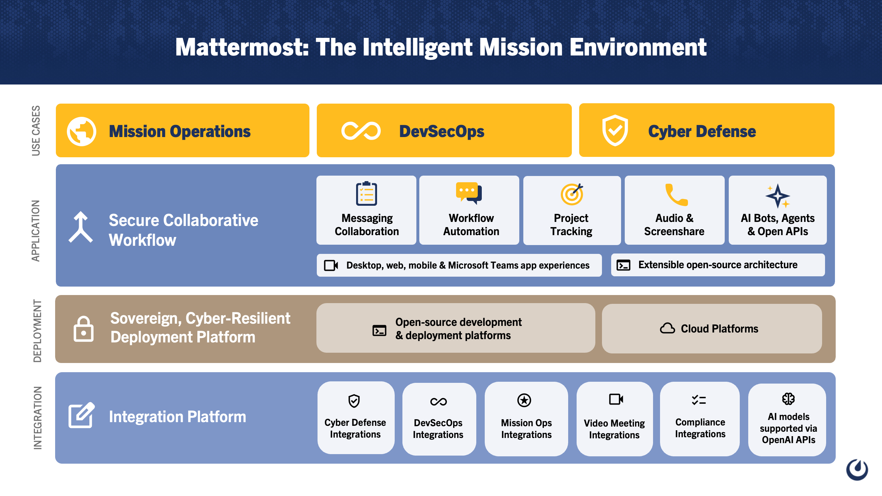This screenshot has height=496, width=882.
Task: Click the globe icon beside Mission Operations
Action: click(82, 131)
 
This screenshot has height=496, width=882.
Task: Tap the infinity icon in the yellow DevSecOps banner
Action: click(361, 131)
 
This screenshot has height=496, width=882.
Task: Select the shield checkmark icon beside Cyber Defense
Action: click(615, 130)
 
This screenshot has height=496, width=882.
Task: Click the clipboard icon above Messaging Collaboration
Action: click(366, 194)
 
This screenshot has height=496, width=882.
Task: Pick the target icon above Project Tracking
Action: click(572, 194)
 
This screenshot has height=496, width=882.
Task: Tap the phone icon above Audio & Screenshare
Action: click(676, 195)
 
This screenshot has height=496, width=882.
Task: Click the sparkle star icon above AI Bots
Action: click(778, 196)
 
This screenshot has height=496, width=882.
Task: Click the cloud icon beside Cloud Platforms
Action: click(667, 328)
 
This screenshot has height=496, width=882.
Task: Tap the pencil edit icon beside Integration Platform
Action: click(82, 415)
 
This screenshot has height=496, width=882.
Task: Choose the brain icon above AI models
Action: click(788, 399)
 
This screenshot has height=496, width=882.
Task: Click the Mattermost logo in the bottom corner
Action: click(857, 469)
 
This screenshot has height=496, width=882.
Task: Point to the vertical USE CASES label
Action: click(36, 130)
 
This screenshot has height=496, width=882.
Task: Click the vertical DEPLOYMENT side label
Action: click(37, 331)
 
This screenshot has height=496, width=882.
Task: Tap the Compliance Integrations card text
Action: click(700, 428)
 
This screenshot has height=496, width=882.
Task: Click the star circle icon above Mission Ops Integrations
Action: click(524, 400)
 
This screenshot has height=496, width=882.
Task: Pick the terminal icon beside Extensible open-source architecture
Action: click(623, 265)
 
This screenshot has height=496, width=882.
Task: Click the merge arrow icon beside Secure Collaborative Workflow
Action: click(80, 227)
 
